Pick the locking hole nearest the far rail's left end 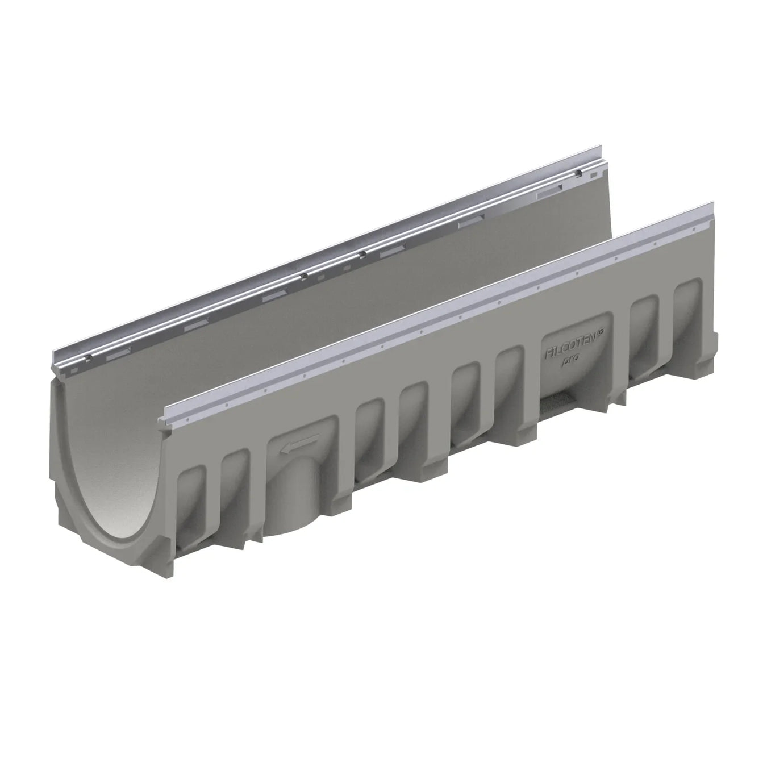[x=88, y=357]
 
